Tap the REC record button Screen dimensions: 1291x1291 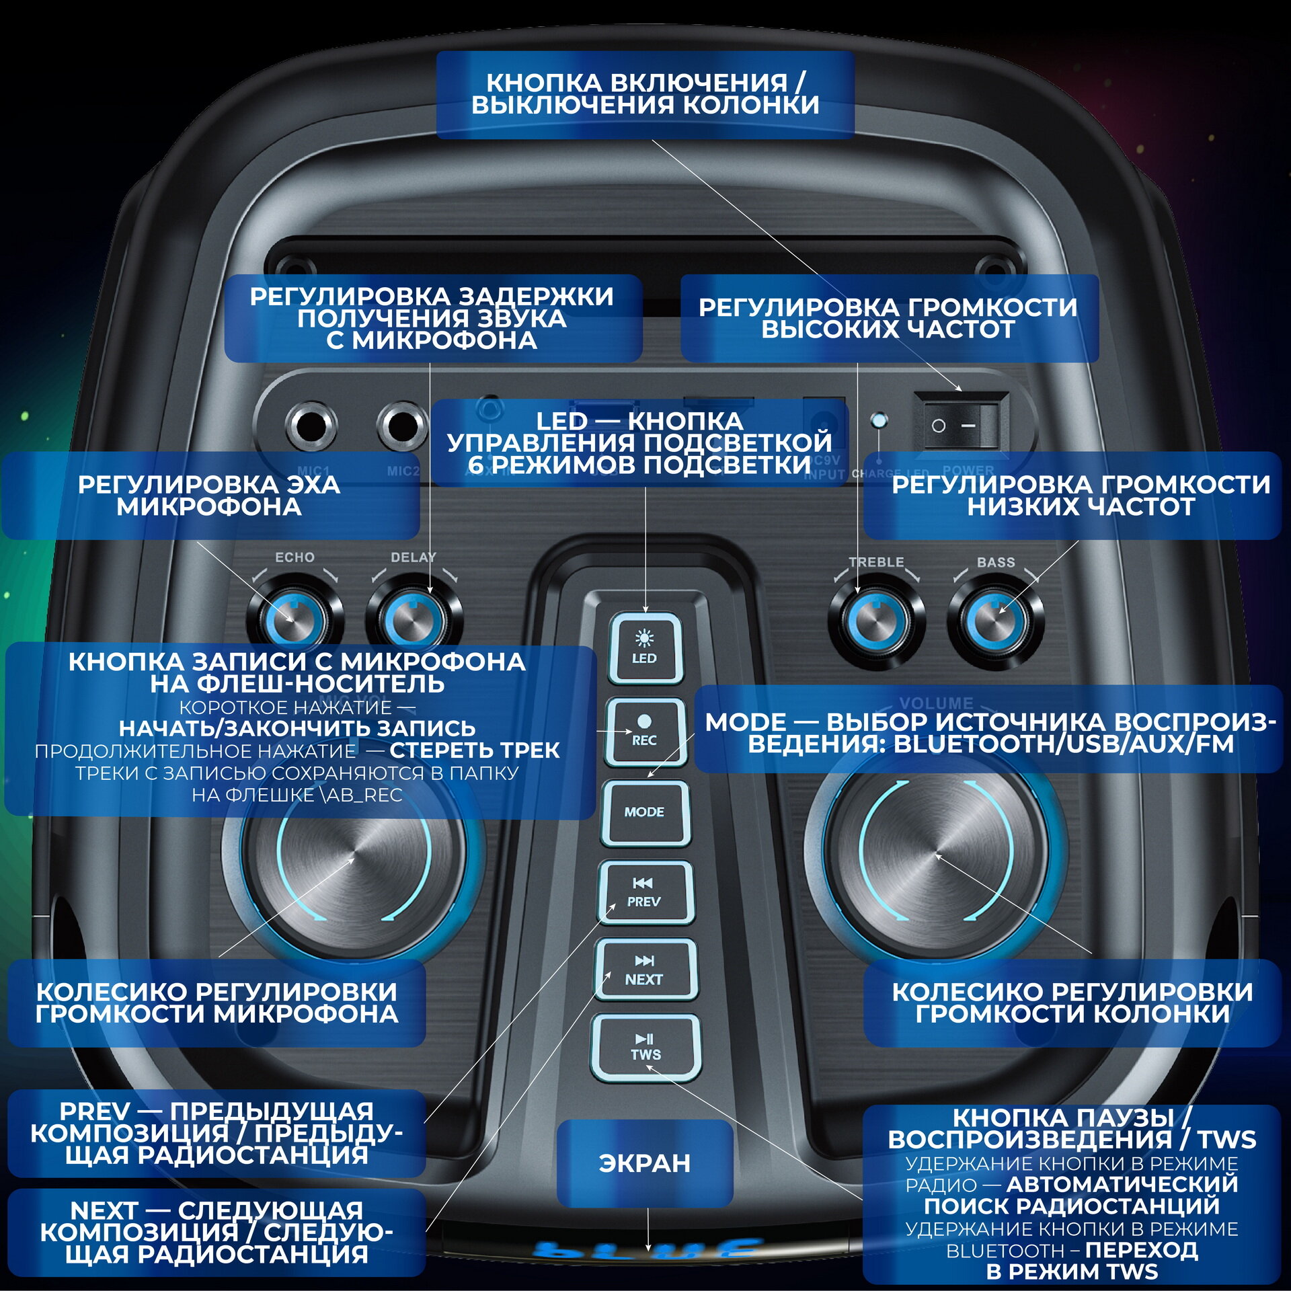click(645, 732)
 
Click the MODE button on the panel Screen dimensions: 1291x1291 click(645, 812)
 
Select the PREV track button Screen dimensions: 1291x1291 click(645, 893)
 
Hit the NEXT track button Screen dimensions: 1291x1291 click(645, 970)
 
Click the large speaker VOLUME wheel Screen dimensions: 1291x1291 click(936, 855)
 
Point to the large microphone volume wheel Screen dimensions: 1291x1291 click(353, 857)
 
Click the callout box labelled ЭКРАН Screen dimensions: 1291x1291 click(644, 1163)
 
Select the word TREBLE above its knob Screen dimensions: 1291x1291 click(876, 562)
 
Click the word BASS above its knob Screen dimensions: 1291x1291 click(996, 562)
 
